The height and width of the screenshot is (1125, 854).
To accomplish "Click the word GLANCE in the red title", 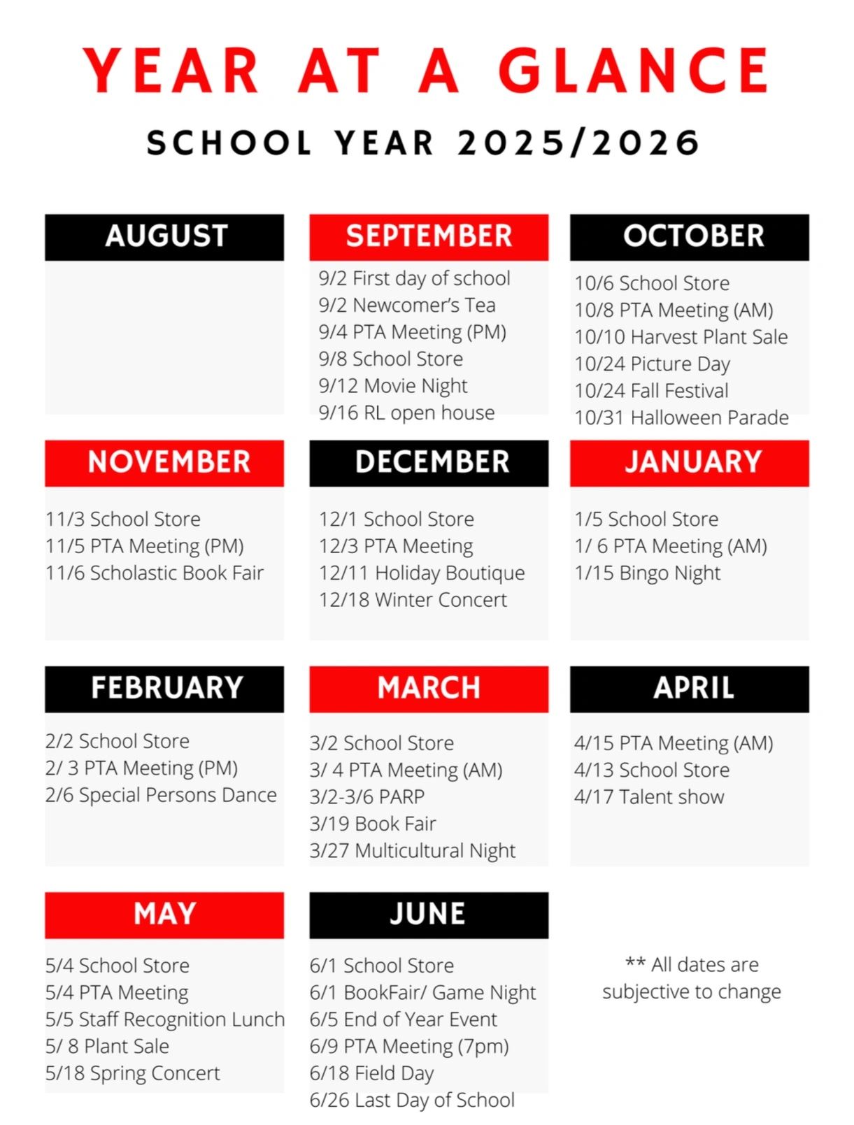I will pos(633,71).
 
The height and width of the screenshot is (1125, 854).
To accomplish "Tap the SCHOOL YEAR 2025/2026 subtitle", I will pos(423,143).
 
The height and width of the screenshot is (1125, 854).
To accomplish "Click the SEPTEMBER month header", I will pos(429,236).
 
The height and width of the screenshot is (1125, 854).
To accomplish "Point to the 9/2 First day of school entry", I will pos(414,278).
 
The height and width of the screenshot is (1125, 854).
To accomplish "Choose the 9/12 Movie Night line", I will pos(392,386).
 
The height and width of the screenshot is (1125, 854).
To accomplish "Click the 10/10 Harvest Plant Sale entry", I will pos(681,337).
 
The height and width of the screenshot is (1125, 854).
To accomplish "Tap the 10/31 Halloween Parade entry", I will pos(681,417).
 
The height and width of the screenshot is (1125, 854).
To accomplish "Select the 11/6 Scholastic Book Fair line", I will pos(155,573).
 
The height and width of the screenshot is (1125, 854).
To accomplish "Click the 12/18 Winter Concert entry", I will pos(413,600).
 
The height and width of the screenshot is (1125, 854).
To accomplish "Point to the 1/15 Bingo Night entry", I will pos(647,573).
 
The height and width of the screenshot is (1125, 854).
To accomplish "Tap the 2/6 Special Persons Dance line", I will pos(161,795).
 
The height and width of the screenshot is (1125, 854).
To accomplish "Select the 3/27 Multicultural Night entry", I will pos(412,851).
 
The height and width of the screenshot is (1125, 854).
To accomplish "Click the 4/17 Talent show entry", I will pos(649,797).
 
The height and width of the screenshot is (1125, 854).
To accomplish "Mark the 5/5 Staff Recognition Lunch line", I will pos(165,1019).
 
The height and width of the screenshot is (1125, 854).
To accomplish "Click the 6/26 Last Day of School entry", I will pos(412,1101).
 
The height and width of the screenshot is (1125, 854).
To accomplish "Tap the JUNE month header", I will pos(429,915).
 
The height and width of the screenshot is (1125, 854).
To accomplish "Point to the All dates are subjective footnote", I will pos(692,978).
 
